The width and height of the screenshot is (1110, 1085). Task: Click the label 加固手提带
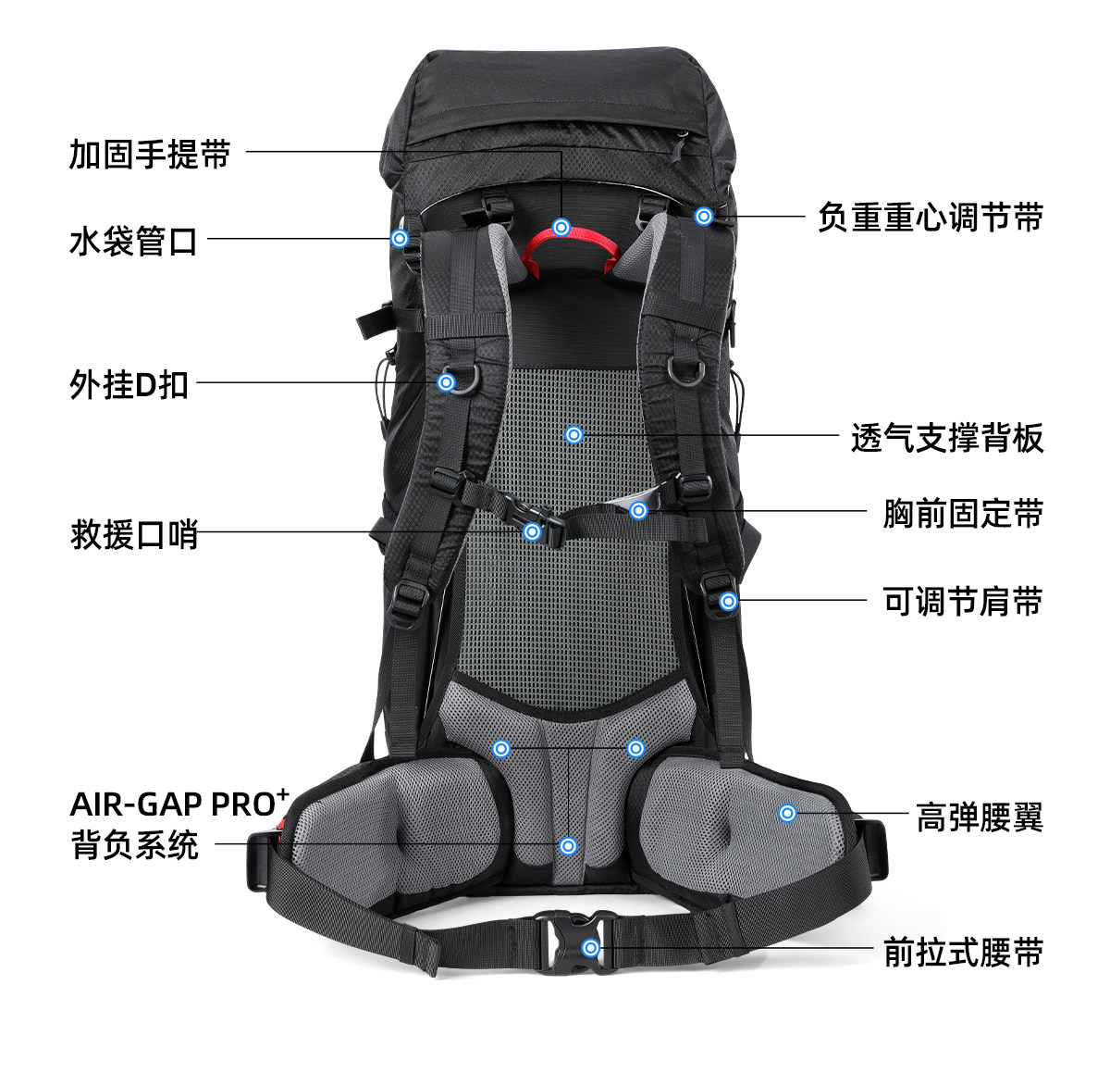[150, 154]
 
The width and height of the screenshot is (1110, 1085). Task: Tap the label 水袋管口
[133, 241]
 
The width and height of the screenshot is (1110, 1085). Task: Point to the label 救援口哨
[134, 534]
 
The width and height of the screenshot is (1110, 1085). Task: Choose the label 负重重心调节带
[930, 218]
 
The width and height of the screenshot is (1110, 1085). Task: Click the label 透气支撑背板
[946, 437]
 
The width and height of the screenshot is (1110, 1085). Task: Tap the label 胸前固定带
[962, 512]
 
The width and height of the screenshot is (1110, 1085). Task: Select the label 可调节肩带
[962, 602]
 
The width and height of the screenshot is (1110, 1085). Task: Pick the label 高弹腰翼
[979, 817]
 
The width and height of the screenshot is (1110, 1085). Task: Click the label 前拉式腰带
[962, 952]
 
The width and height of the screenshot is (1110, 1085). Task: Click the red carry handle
[571, 248]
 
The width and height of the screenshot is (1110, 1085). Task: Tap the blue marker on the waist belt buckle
[590, 947]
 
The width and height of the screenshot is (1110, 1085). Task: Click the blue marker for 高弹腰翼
[787, 813]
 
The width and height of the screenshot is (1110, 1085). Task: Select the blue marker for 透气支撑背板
[573, 434]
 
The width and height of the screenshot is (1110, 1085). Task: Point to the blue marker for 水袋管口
[400, 238]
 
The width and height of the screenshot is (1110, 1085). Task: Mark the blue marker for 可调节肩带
[728, 601]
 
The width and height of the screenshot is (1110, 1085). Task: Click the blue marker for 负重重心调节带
[704, 217]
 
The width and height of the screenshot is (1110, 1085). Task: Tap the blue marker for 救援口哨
[532, 531]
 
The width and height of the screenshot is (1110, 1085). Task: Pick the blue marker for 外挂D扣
[446, 381]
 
